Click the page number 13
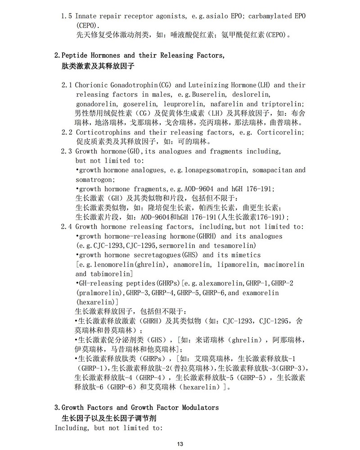(x=180, y=444)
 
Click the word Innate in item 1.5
(x=86, y=16)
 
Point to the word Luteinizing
(x=208, y=85)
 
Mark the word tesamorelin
(x=235, y=245)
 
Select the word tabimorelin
(x=108, y=274)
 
